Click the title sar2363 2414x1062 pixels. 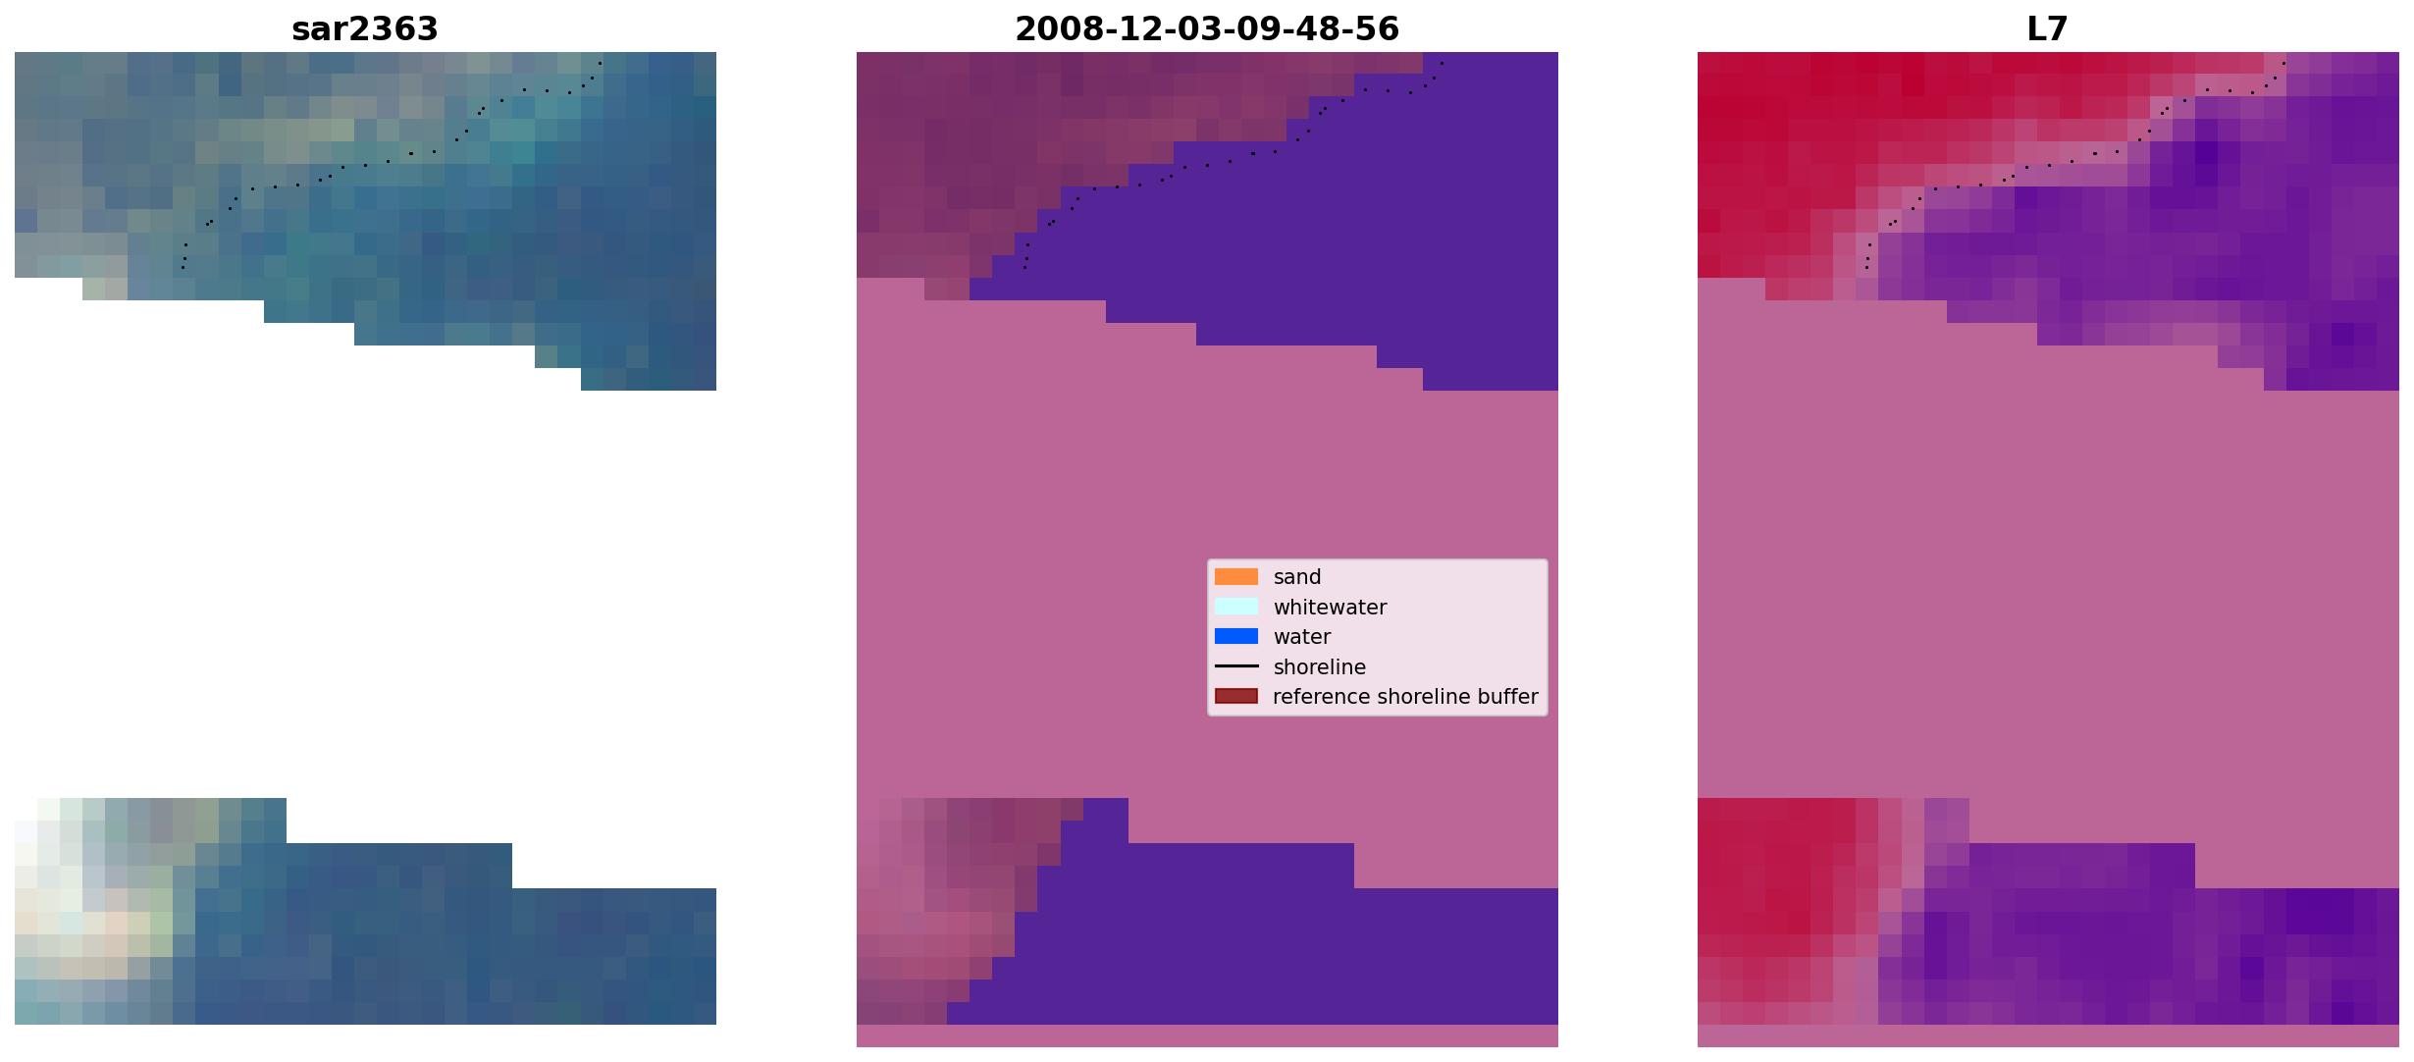[364, 28]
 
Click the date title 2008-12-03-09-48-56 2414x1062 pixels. [1206, 28]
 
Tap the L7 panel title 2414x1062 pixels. [2047, 28]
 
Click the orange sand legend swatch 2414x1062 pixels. [1235, 577]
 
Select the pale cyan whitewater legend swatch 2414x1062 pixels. [1235, 607]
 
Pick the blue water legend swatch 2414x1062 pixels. [1235, 636]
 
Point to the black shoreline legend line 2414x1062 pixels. [1235, 666]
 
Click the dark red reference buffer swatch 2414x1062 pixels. [1235, 696]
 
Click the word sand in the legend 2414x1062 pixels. [1296, 577]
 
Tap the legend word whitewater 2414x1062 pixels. [1330, 607]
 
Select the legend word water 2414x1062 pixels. [1301, 637]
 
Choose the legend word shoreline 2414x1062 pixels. [1319, 666]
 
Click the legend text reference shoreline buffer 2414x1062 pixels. [1405, 696]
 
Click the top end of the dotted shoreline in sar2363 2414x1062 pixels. [601, 63]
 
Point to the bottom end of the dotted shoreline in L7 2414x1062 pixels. [1866, 267]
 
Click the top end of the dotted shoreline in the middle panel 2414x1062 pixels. [1442, 63]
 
